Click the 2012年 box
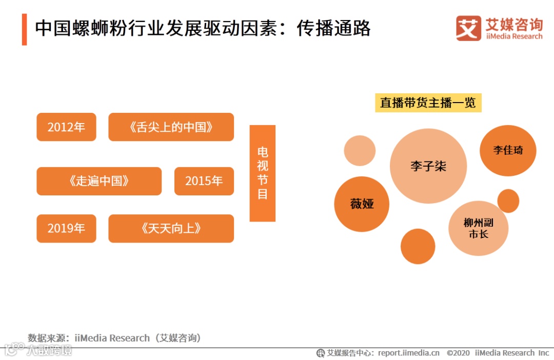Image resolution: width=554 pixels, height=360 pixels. tap(66, 127)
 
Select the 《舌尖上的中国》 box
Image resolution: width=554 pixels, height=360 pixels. tap(171, 127)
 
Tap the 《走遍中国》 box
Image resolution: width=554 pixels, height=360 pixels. tap(99, 181)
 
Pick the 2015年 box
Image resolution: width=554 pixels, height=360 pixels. tap(204, 181)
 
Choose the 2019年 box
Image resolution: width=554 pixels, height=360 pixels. tap(66, 228)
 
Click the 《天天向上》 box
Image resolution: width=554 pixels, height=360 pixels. tap(171, 228)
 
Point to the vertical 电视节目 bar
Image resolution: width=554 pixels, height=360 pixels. tap(262, 173)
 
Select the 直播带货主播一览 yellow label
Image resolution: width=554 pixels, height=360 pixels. tap(428, 103)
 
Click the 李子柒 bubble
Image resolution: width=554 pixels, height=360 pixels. tap(428, 166)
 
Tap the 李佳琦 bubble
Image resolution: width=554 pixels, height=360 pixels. tap(508, 150)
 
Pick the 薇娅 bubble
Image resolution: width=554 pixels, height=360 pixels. tap(362, 204)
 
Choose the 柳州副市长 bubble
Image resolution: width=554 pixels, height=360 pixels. tap(478, 228)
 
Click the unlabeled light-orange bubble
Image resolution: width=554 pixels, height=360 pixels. tap(360, 150)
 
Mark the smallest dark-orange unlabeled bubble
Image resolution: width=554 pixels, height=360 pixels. tap(508, 201)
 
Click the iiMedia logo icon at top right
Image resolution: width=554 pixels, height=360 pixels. tap(468, 29)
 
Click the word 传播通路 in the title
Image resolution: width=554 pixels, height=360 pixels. tap(333, 29)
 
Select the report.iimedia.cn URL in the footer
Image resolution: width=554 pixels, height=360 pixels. tap(409, 353)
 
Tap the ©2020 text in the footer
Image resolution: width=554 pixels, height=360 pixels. tap(458, 353)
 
